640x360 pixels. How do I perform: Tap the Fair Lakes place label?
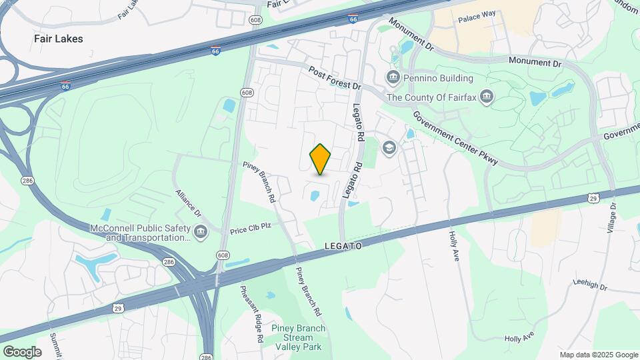click(59, 39)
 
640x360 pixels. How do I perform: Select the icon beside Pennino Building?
click(393, 77)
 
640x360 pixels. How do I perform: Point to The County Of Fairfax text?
click(432, 97)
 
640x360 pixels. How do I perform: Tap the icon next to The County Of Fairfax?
click(487, 97)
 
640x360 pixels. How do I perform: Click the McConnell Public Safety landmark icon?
click(201, 232)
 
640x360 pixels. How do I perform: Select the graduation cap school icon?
click(389, 147)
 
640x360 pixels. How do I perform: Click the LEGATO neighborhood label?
click(343, 246)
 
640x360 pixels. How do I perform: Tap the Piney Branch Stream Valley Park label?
click(299, 337)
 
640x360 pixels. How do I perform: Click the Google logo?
click(22, 352)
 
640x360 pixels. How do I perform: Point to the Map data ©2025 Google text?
click(599, 355)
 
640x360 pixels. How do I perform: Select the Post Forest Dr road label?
click(334, 78)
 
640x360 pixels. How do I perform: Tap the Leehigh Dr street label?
click(590, 285)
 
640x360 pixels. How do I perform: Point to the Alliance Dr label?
click(188, 202)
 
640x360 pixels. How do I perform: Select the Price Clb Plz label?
click(251, 227)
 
